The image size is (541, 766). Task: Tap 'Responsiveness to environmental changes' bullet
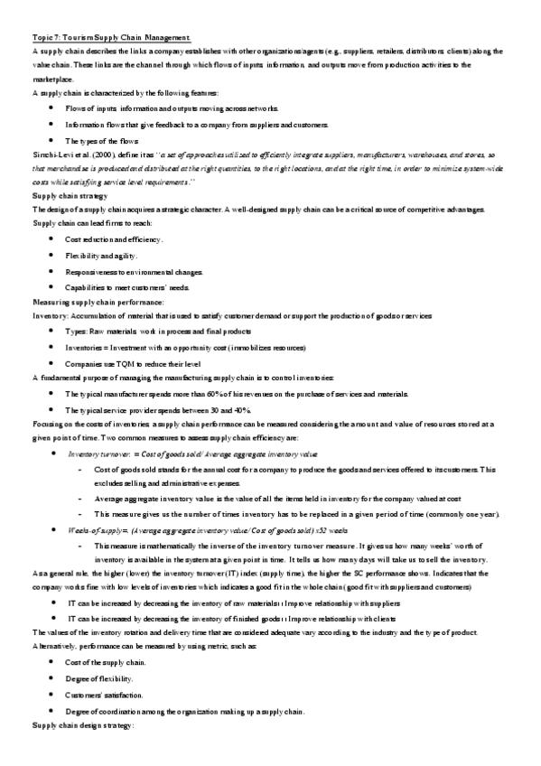[x=134, y=271]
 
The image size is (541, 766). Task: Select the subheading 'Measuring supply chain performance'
[x=98, y=300]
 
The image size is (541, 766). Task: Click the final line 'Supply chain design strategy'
[x=82, y=725]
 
